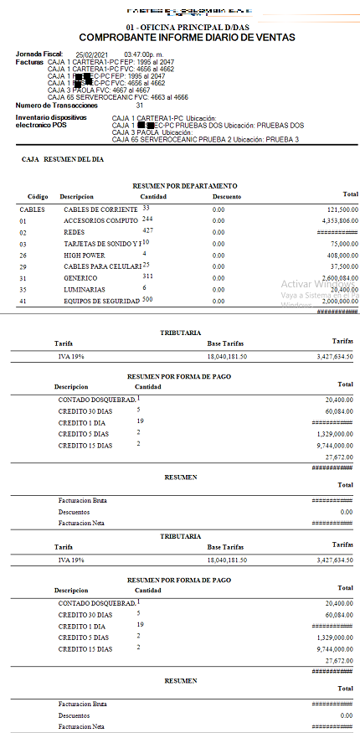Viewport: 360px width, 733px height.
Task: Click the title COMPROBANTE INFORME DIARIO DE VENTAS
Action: click(180, 38)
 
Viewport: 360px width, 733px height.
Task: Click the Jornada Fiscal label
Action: click(39, 54)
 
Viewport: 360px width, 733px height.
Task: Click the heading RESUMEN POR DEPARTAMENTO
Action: click(185, 185)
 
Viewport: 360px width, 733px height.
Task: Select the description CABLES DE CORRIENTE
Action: click(100, 209)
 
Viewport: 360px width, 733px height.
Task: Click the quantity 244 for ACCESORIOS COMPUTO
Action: click(147, 219)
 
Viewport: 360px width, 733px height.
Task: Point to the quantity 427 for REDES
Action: click(147, 230)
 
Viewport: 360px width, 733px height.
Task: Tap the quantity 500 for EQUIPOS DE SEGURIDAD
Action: click(147, 299)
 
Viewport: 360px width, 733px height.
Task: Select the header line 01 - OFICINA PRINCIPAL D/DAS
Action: click(180, 27)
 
